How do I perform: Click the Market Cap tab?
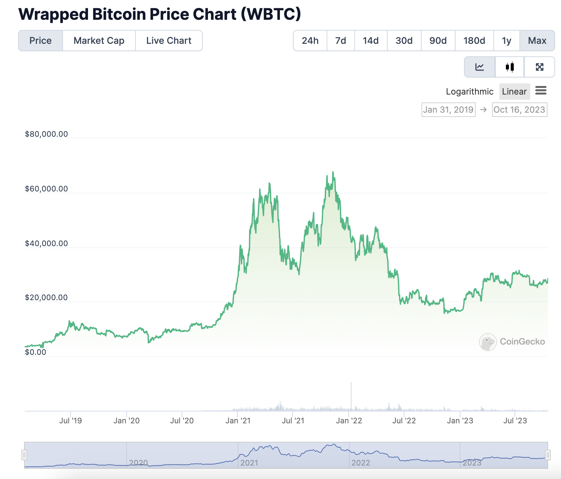tap(99, 41)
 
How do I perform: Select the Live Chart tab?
tap(169, 41)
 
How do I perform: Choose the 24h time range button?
tap(310, 41)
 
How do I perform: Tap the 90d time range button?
tap(438, 41)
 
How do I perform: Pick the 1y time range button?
tap(507, 41)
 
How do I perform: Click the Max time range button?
tap(537, 41)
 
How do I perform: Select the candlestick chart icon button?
tap(510, 67)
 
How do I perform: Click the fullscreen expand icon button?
tap(540, 67)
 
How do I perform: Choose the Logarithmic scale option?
tap(470, 92)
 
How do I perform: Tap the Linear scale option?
tap(515, 92)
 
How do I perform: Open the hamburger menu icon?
tap(541, 90)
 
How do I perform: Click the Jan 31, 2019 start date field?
tap(449, 110)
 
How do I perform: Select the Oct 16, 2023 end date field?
tap(519, 110)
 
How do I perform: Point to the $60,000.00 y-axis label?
tap(46, 189)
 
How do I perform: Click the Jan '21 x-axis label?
tap(238, 421)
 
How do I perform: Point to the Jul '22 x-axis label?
tap(404, 421)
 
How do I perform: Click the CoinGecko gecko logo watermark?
tap(488, 342)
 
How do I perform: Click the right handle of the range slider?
tap(547, 455)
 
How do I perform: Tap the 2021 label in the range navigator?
tap(249, 463)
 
